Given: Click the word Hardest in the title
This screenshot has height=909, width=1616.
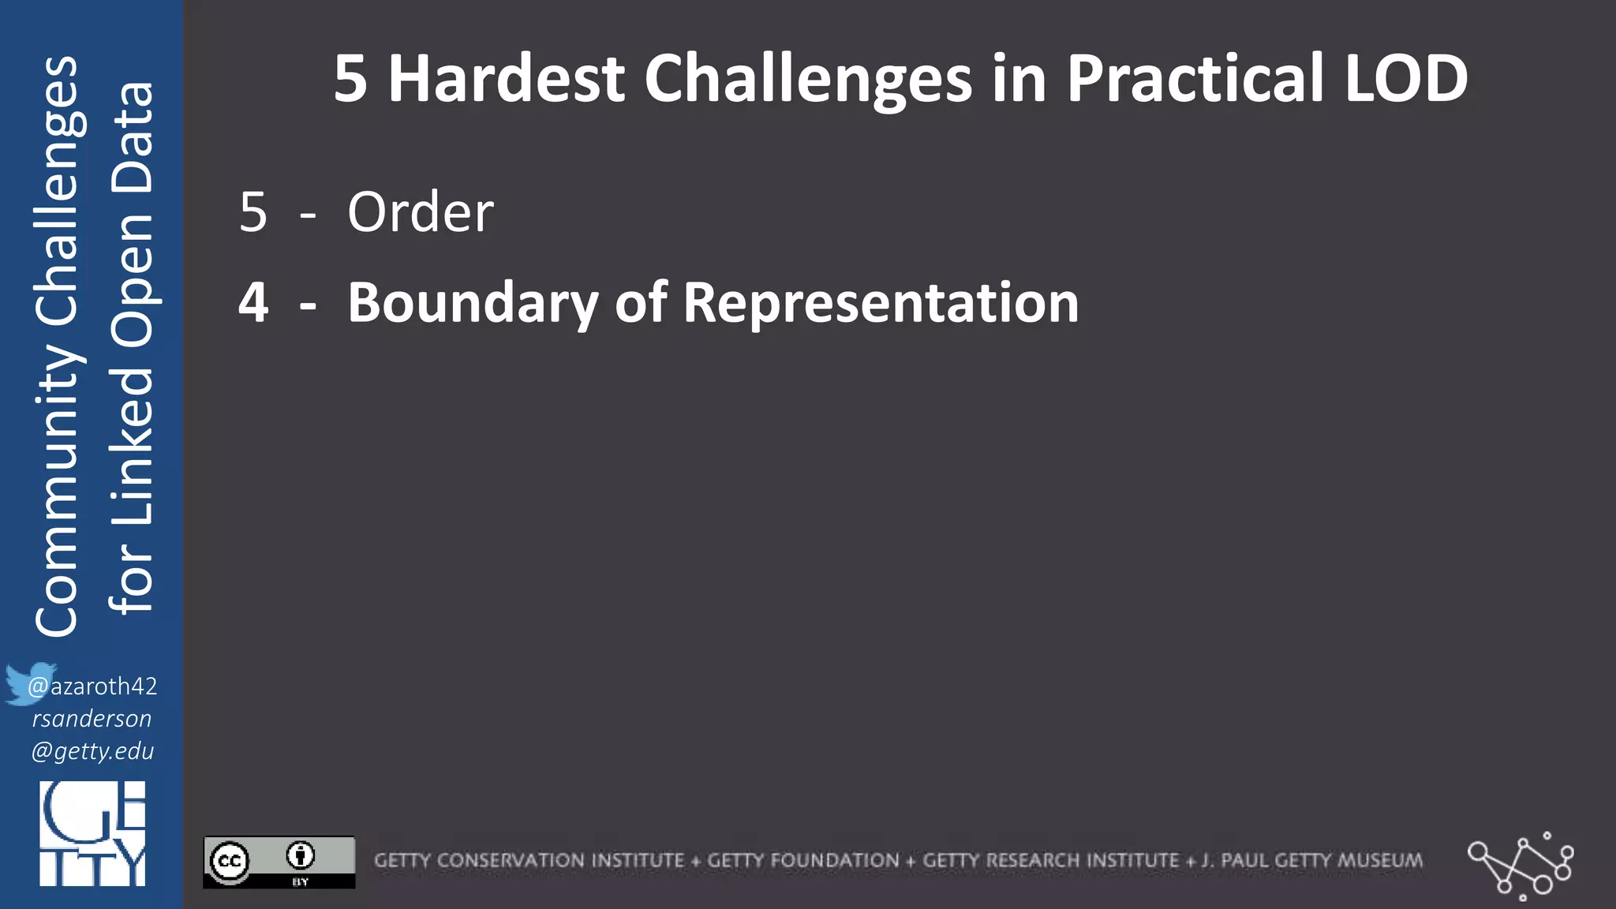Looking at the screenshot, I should click(x=506, y=79).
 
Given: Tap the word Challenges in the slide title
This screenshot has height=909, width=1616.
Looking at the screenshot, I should click(x=808, y=79).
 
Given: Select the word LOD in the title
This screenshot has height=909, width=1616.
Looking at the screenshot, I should click(x=1405, y=79).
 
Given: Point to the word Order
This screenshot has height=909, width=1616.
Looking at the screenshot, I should click(x=421, y=213).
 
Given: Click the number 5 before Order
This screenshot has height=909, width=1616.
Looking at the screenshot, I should click(x=253, y=213).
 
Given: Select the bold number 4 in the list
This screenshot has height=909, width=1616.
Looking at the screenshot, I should click(x=253, y=303).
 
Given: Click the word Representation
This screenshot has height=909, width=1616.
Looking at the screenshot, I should click(x=881, y=303).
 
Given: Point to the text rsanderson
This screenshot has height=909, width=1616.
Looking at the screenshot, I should click(x=92, y=719).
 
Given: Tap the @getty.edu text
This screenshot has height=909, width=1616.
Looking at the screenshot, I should click(x=92, y=751).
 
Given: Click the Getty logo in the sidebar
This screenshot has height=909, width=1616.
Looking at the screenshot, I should click(x=92, y=834).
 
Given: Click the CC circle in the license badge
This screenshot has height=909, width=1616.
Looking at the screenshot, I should click(x=230, y=861).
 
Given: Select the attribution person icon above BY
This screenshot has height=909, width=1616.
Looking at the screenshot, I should click(x=301, y=855).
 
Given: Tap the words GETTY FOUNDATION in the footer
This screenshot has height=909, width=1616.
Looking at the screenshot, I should click(x=802, y=861).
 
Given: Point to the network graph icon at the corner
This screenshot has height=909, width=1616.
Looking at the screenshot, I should click(x=1521, y=865).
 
